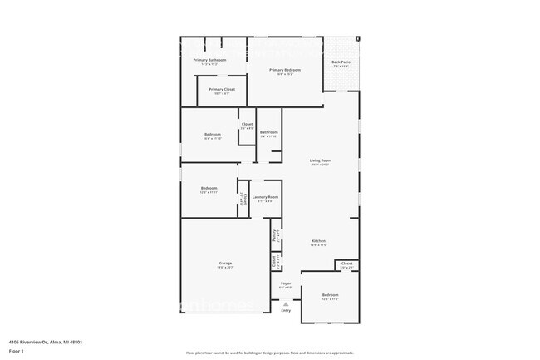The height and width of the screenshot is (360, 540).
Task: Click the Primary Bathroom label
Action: (210, 60)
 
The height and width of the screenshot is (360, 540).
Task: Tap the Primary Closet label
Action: (222, 89)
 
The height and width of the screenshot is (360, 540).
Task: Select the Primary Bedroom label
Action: (285, 70)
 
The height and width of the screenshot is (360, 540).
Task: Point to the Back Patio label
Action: (340, 62)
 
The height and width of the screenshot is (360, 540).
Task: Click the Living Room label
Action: (322, 160)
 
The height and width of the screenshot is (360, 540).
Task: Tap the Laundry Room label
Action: (265, 197)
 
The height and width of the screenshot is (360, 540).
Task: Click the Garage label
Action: (225, 264)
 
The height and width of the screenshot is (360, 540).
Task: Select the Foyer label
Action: (285, 284)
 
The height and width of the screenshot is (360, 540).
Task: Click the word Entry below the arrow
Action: (286, 311)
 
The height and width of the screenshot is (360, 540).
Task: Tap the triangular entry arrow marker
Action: (286, 304)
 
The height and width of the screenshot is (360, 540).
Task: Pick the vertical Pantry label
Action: (275, 235)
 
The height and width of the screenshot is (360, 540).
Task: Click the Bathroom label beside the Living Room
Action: (268, 132)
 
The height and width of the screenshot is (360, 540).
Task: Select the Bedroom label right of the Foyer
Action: (330, 295)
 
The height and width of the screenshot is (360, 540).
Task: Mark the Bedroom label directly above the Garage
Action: (209, 189)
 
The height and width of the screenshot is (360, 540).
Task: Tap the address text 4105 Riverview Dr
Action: (45, 341)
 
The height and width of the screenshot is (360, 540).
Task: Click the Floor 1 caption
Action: (17, 352)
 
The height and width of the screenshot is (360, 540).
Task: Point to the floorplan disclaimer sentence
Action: (269, 353)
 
